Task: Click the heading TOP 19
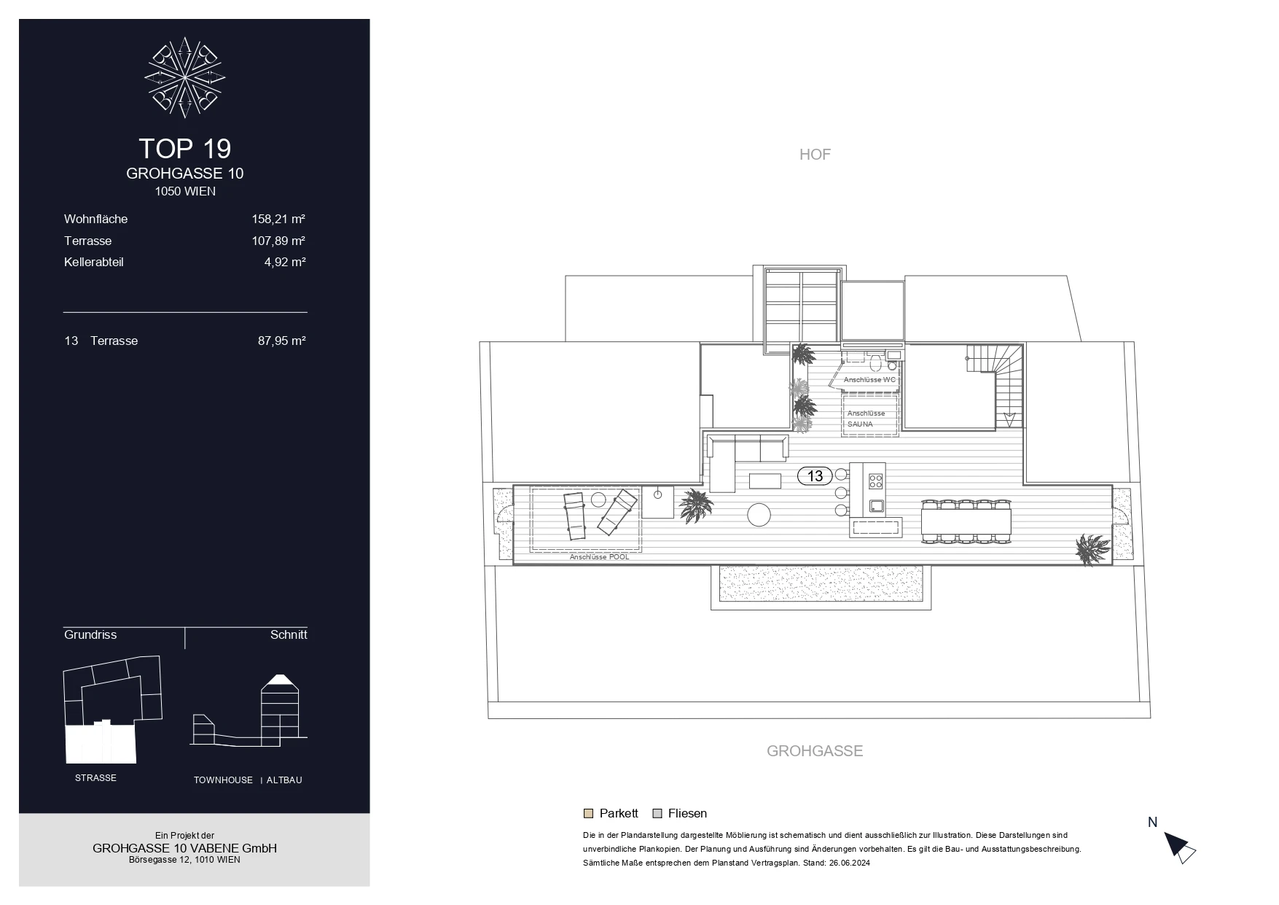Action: coord(185,149)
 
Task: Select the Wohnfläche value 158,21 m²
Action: coord(278,219)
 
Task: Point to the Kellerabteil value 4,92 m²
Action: coord(285,262)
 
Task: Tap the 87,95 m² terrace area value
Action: coord(282,341)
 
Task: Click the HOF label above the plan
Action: coord(815,155)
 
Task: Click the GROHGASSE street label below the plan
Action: coord(815,751)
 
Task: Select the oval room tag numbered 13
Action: coord(815,476)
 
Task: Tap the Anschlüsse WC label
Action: coord(869,380)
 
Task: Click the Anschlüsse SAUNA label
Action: coord(866,419)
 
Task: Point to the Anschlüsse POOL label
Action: coord(599,557)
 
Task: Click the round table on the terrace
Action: coord(759,515)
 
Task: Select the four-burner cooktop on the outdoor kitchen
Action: coord(876,481)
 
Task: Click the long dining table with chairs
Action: coord(966,521)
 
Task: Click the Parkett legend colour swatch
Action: coord(588,814)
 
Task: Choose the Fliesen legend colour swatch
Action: coord(657,814)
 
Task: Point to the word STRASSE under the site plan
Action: coord(95,778)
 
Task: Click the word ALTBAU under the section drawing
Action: coord(284,780)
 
